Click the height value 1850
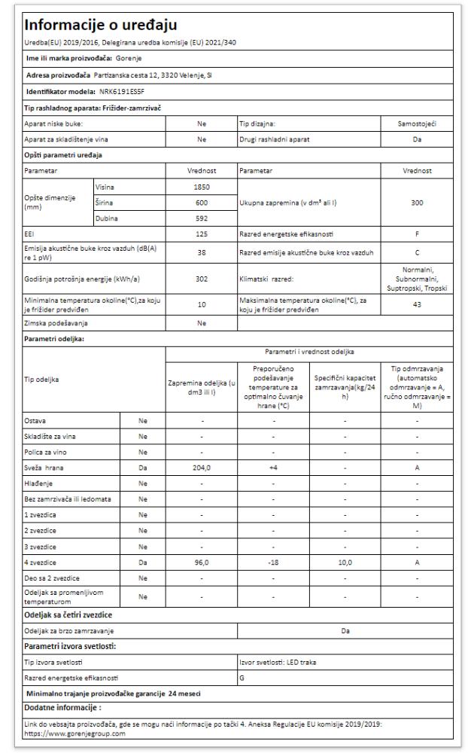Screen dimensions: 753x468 pyautogui.click(x=201, y=187)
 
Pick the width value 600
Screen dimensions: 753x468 pyautogui.click(x=201, y=203)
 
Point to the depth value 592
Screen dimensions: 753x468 pyautogui.click(x=201, y=219)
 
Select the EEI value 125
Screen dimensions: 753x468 pyautogui.click(x=201, y=235)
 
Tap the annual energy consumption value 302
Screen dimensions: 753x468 pyautogui.click(x=201, y=278)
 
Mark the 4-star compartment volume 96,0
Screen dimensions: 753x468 pyautogui.click(x=201, y=562)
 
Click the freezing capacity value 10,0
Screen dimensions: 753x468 pyautogui.click(x=345, y=562)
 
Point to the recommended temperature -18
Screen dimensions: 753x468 pyautogui.click(x=273, y=562)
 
